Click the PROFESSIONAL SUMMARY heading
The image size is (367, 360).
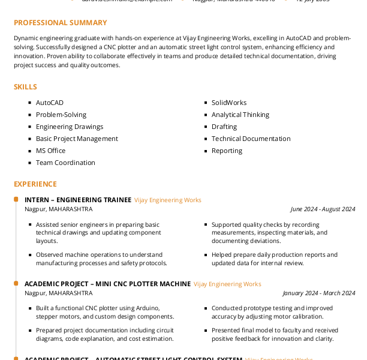pos(60,23)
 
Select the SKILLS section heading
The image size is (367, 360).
pos(25,87)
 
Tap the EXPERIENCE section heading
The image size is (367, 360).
pos(35,184)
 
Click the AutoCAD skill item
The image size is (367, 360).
pos(49,103)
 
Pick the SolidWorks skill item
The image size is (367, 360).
pos(228,103)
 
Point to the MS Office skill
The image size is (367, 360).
pos(50,151)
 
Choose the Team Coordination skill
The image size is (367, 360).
pos(65,163)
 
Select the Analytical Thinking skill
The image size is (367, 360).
pos(240,115)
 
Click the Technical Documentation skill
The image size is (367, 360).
pos(251,139)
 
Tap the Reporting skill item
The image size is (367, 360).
pos(227,151)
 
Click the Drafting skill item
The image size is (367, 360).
pos(224,127)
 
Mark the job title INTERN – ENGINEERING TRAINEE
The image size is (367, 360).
pos(77,200)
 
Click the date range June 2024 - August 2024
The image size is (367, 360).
pos(323,209)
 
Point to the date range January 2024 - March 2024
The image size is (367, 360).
pos(319,293)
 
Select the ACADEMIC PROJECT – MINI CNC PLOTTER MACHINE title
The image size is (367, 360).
pos(107,284)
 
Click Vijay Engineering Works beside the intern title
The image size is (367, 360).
pos(168,200)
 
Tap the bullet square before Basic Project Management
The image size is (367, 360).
pos(30,139)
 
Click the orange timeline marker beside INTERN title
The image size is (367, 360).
pos(16,199)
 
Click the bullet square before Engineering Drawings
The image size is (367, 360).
pos(30,127)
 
